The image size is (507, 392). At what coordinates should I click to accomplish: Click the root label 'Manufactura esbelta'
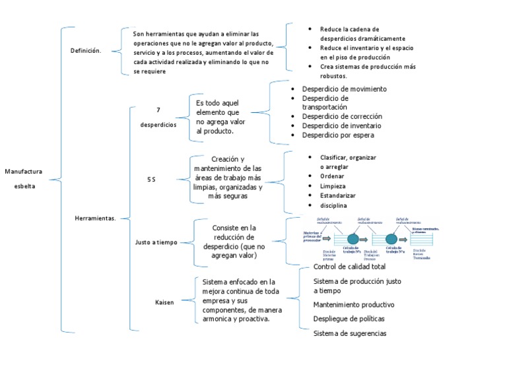tap(23, 179)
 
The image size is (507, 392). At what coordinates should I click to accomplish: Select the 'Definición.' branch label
tap(86, 50)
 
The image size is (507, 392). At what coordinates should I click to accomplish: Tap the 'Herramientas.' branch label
tap(95, 218)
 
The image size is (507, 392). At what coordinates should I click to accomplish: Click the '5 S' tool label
tap(151, 179)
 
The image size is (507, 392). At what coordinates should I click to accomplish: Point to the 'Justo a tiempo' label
tap(156, 242)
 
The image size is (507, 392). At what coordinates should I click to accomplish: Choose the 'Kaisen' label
tap(164, 302)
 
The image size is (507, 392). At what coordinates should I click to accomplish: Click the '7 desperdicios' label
tap(158, 117)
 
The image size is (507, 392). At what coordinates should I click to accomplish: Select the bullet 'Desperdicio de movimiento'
tap(344, 89)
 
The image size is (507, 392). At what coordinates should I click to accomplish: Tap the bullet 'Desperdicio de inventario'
tap(341, 125)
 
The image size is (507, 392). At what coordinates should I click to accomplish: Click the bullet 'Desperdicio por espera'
tap(338, 135)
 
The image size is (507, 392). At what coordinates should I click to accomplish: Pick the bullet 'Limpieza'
tap(333, 186)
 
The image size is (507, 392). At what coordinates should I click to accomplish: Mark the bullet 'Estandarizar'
tap(337, 196)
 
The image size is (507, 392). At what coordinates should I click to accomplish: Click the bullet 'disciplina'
tap(333, 206)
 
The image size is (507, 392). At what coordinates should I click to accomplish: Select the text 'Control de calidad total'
tap(349, 267)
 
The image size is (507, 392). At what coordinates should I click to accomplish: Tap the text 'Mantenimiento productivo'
tap(353, 305)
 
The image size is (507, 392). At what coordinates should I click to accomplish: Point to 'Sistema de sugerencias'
tap(349, 333)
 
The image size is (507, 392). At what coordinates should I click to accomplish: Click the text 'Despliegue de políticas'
tap(349, 319)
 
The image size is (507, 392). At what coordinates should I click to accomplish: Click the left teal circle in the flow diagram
tap(353, 239)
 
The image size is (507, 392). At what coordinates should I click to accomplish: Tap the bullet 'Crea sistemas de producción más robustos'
tap(368, 71)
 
